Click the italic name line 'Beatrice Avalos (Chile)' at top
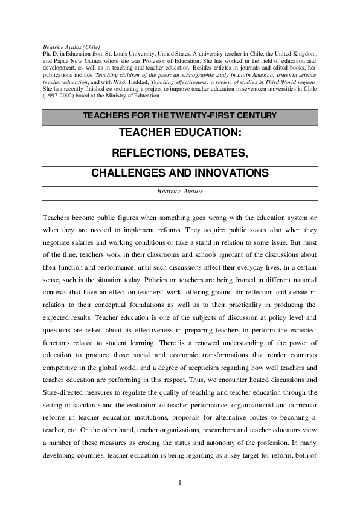point(71,47)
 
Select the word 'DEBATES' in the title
point(218,152)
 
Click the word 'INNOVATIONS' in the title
point(232,173)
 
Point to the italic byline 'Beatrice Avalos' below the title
point(180,190)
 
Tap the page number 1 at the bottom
point(180,482)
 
